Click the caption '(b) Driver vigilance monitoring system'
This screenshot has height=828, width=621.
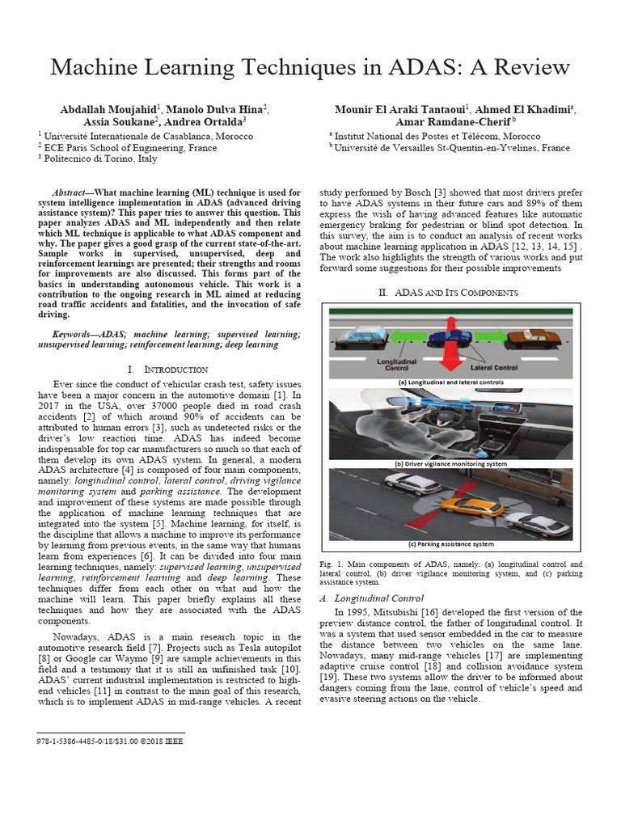450,463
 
